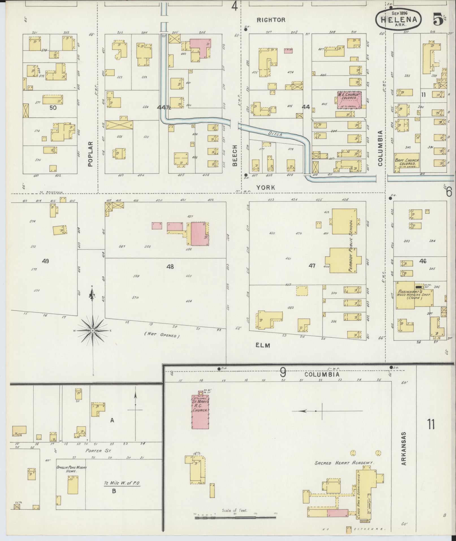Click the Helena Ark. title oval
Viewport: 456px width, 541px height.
(399, 19)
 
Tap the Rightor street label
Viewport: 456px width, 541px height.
(271, 20)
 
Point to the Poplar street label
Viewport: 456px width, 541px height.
(90, 154)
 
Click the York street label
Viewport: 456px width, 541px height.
(265, 187)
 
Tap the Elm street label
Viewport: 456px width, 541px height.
(263, 345)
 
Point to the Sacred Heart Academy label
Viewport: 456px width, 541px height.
(344, 463)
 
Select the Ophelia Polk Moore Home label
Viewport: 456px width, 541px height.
(72, 469)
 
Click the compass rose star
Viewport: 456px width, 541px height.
(92, 330)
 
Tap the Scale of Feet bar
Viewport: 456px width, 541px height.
(235, 518)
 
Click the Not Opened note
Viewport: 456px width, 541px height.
(162, 335)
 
